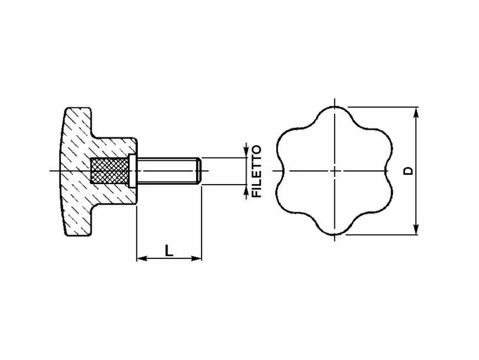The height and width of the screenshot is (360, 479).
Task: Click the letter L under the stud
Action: coord(169,251)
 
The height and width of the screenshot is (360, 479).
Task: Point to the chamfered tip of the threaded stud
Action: coord(199,171)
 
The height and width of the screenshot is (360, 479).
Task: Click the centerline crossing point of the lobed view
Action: coord(334,171)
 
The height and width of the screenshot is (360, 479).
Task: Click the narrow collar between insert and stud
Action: coord(132,171)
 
